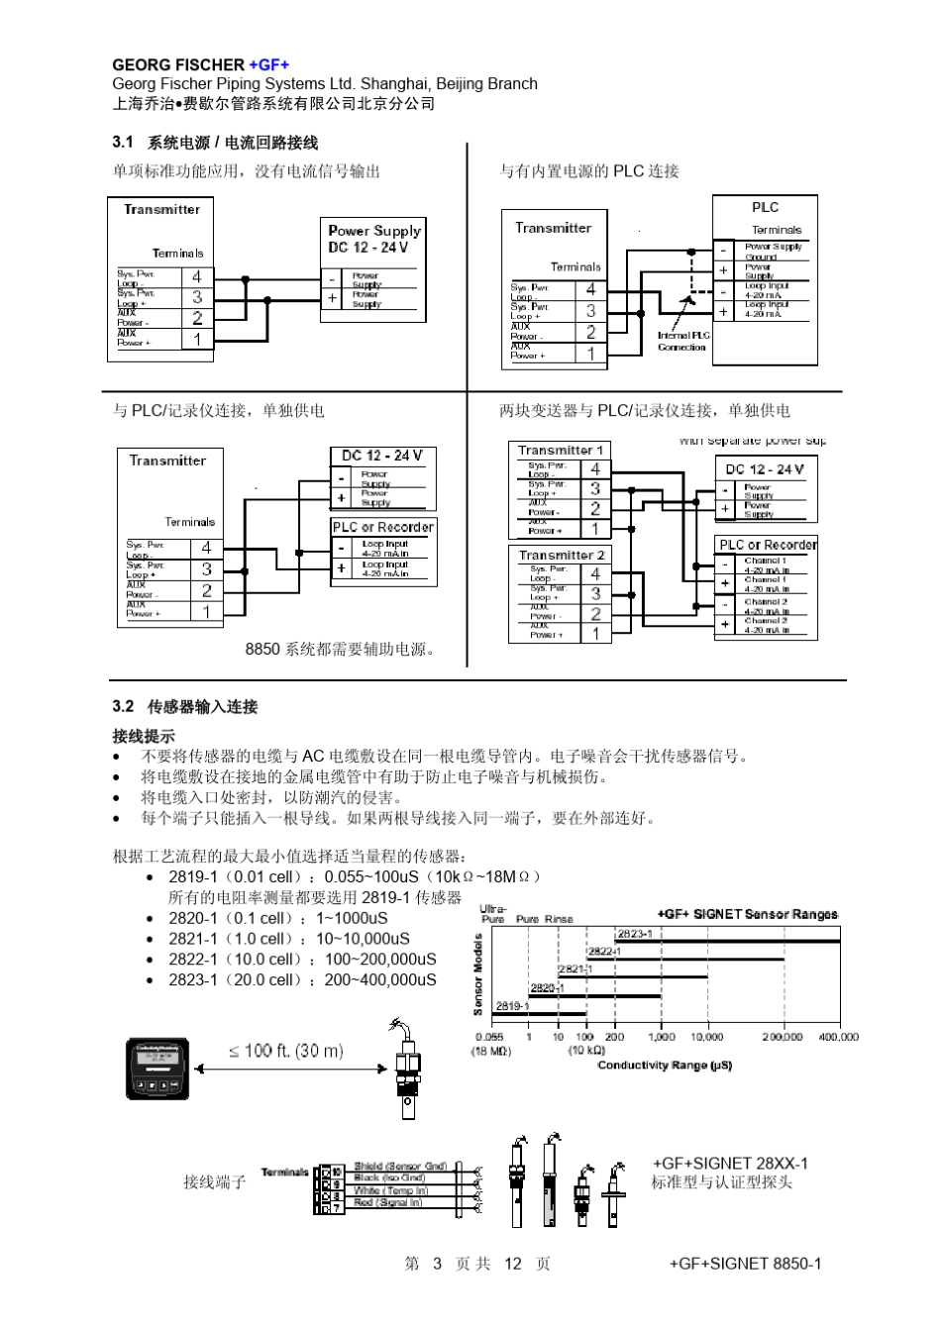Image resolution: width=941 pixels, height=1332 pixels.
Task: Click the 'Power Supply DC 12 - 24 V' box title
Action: [373, 239]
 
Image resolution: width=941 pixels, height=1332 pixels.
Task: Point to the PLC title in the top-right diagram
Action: [765, 207]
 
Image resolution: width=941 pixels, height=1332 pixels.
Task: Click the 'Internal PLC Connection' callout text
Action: [682, 342]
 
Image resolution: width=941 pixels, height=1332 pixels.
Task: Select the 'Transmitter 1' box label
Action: [560, 450]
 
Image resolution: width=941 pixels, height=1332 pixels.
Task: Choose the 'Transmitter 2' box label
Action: [561, 555]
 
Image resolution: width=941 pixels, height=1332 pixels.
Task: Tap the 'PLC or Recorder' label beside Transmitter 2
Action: [768, 545]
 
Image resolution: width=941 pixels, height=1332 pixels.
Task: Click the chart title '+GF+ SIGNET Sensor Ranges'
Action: [748, 914]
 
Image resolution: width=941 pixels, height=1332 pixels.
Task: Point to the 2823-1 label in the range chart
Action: [634, 934]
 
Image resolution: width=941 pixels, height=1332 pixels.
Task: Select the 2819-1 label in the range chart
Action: [510, 1006]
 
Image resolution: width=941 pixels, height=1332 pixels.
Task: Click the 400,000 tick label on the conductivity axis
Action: [838, 1037]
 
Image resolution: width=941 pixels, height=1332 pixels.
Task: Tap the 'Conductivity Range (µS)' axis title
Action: [664, 1066]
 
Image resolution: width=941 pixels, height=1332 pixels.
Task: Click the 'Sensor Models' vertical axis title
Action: [478, 974]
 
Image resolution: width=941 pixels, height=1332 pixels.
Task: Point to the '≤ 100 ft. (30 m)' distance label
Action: [286, 1051]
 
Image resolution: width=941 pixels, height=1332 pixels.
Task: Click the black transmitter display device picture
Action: [157, 1069]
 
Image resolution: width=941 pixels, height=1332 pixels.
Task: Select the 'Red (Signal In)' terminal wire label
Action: [389, 1202]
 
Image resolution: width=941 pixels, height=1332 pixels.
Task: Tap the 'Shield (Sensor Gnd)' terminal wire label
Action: [400, 1167]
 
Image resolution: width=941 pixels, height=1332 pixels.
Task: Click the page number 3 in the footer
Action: [437, 1264]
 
